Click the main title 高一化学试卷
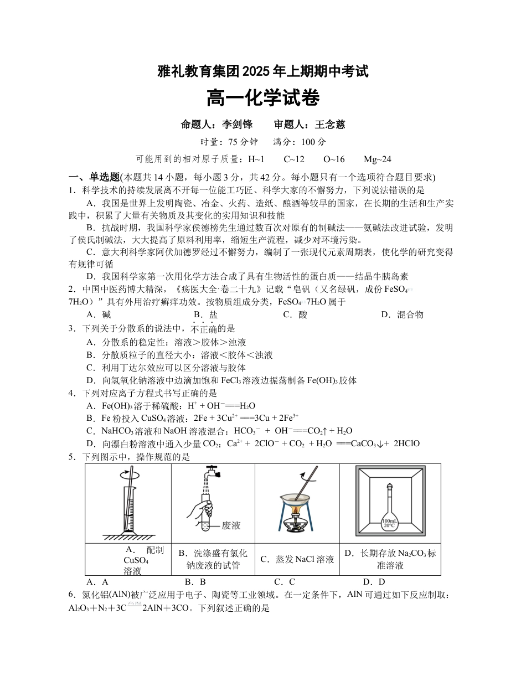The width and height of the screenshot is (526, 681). (263, 99)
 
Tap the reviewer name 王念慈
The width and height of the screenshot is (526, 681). (330, 125)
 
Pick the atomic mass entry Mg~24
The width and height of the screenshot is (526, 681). (378, 159)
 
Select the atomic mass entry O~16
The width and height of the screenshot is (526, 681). (334, 159)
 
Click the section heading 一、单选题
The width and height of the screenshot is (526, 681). (94, 177)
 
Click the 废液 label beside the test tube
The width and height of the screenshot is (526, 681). (231, 525)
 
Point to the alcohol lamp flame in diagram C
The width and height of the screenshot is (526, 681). (296, 510)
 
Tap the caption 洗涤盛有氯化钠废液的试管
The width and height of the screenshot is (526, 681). (213, 559)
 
